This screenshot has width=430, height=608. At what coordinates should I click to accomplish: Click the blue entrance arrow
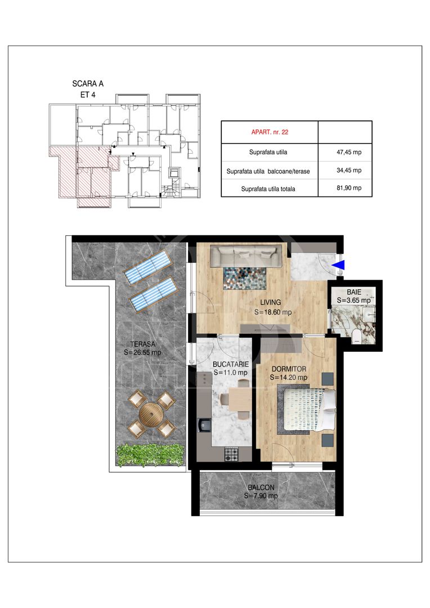pos(339,265)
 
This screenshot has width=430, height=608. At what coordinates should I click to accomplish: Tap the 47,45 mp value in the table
pos(349,152)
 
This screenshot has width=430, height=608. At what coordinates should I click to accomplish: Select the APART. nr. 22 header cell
pos(270,132)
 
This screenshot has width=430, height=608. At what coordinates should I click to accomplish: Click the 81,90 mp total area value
pos(349,187)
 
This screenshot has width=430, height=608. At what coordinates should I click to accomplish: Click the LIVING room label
pos(271,302)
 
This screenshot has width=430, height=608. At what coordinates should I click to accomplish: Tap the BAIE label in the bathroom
pos(354,292)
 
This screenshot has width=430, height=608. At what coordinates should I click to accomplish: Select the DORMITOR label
pos(289,369)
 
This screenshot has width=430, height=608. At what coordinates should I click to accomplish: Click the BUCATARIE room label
pos(231,364)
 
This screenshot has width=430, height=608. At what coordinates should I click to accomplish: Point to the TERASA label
pos(143,344)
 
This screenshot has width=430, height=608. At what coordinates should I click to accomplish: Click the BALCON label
pos(261,488)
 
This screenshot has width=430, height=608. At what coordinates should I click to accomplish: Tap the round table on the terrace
pos(149,414)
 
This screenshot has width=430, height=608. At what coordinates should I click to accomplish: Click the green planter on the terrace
pos(150,454)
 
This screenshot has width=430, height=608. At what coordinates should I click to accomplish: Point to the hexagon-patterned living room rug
pos(245,278)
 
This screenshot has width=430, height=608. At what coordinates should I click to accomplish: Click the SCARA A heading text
pos(88,83)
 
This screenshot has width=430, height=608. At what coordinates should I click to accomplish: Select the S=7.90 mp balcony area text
pos(261,496)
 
